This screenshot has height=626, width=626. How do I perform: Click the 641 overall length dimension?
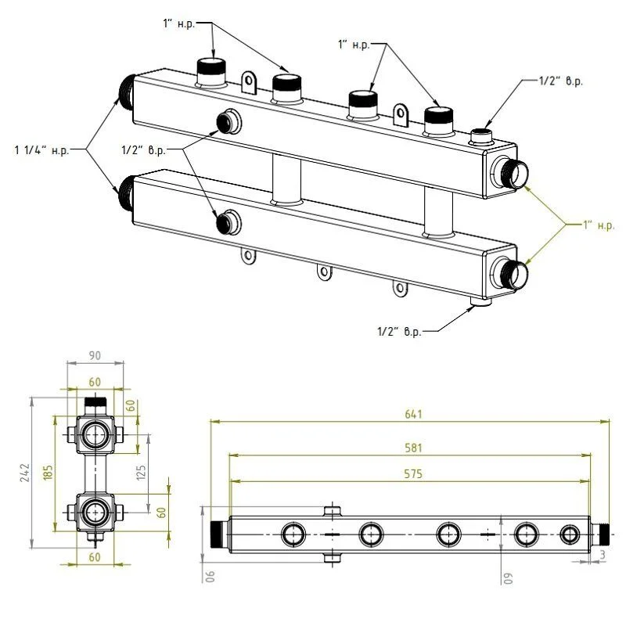(x=411, y=414)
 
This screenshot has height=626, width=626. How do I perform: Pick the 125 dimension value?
(x=142, y=473)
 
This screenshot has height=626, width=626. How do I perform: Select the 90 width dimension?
(x=95, y=356)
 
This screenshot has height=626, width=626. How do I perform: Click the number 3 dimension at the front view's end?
(x=602, y=555)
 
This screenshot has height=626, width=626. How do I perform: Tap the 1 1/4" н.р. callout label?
(x=41, y=149)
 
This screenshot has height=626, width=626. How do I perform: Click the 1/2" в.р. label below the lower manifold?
(x=399, y=332)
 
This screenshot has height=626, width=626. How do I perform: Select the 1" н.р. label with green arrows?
(x=598, y=225)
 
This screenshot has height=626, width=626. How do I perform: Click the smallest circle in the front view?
(x=570, y=535)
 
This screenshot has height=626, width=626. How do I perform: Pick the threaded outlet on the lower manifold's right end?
(x=509, y=273)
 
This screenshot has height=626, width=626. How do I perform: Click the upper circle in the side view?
(x=95, y=435)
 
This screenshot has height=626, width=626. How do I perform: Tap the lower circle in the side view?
(x=95, y=512)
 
